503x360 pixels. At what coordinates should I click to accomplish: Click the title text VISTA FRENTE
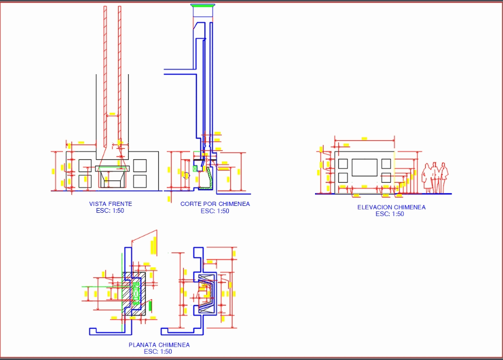tap(111, 204)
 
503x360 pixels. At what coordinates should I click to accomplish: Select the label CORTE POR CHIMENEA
tap(215, 204)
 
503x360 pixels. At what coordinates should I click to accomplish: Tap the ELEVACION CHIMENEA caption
tap(391, 207)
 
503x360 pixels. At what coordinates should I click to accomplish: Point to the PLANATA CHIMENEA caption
tap(159, 345)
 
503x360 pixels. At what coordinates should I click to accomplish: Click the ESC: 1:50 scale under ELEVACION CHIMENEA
tap(390, 214)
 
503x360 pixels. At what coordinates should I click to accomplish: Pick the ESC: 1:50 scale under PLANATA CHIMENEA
tap(158, 352)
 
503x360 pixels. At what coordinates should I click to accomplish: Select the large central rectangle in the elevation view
tap(364, 168)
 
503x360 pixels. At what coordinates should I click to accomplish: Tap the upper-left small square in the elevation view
tap(343, 164)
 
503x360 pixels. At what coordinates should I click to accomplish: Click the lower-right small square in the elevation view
tap(386, 177)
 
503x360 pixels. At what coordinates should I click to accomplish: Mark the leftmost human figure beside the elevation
tap(427, 178)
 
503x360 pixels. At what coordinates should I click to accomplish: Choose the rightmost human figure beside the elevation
tap(443, 178)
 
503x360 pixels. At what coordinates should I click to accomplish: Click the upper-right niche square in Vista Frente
tap(140, 165)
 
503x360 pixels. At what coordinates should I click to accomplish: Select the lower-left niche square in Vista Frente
tap(85, 181)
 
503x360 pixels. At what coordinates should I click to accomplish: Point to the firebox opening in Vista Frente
tap(111, 181)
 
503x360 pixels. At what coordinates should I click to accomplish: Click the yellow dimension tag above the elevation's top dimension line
tap(364, 138)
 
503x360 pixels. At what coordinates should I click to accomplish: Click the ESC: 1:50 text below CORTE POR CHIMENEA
tap(215, 211)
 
